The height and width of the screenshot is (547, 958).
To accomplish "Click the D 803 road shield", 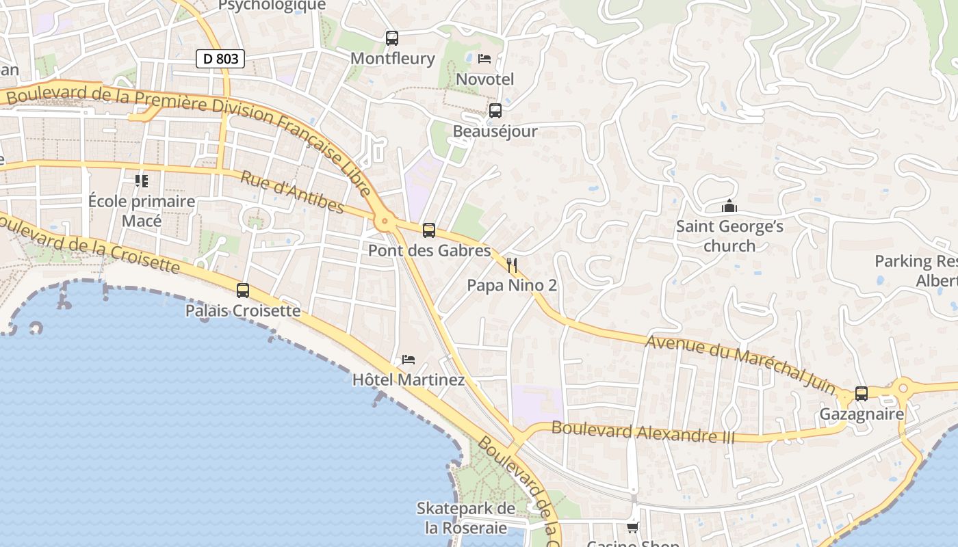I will point(220,59).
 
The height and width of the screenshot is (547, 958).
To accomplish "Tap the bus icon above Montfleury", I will point(392,38).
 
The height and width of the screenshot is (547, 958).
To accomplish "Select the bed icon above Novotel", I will point(484,59).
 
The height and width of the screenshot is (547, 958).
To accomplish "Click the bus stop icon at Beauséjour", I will point(495,111).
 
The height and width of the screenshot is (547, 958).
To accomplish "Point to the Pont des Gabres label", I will point(429,250).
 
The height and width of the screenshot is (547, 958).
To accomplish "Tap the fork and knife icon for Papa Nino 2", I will point(512,265).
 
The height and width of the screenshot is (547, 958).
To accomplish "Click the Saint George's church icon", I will point(729,206).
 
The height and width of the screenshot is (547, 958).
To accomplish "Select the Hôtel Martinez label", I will point(409,379).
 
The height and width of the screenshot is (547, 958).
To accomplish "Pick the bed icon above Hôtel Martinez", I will point(409,359).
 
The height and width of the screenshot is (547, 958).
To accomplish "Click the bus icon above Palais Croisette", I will point(243,291).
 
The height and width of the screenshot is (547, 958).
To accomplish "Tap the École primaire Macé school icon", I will point(142,181).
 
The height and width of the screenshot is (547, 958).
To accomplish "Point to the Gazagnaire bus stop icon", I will point(862,394).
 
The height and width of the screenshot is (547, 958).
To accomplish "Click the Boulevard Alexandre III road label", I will point(643,431).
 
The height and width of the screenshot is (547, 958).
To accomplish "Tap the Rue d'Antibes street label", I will point(292,192).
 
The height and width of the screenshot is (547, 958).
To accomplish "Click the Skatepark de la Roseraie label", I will point(466,518).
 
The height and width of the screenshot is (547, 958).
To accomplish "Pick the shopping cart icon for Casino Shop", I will point(633,527).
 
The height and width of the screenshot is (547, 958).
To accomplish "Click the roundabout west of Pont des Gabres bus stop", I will point(385,221).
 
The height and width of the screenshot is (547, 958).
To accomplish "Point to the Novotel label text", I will point(484,79).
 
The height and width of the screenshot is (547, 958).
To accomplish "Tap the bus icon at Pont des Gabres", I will point(429,230).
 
